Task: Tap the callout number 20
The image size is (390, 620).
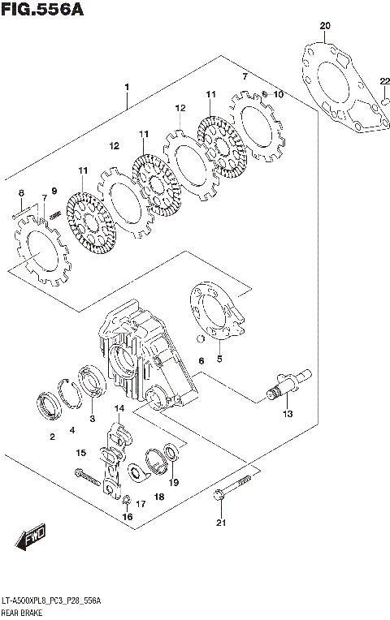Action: point(325,27)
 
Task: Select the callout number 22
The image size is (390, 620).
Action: point(384,80)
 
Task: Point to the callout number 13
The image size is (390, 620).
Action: point(286,414)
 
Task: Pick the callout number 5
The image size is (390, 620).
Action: point(219,358)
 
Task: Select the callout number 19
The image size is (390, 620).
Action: point(174,482)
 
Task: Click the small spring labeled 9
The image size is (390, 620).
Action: point(55,213)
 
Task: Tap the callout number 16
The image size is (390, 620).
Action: point(127,517)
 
